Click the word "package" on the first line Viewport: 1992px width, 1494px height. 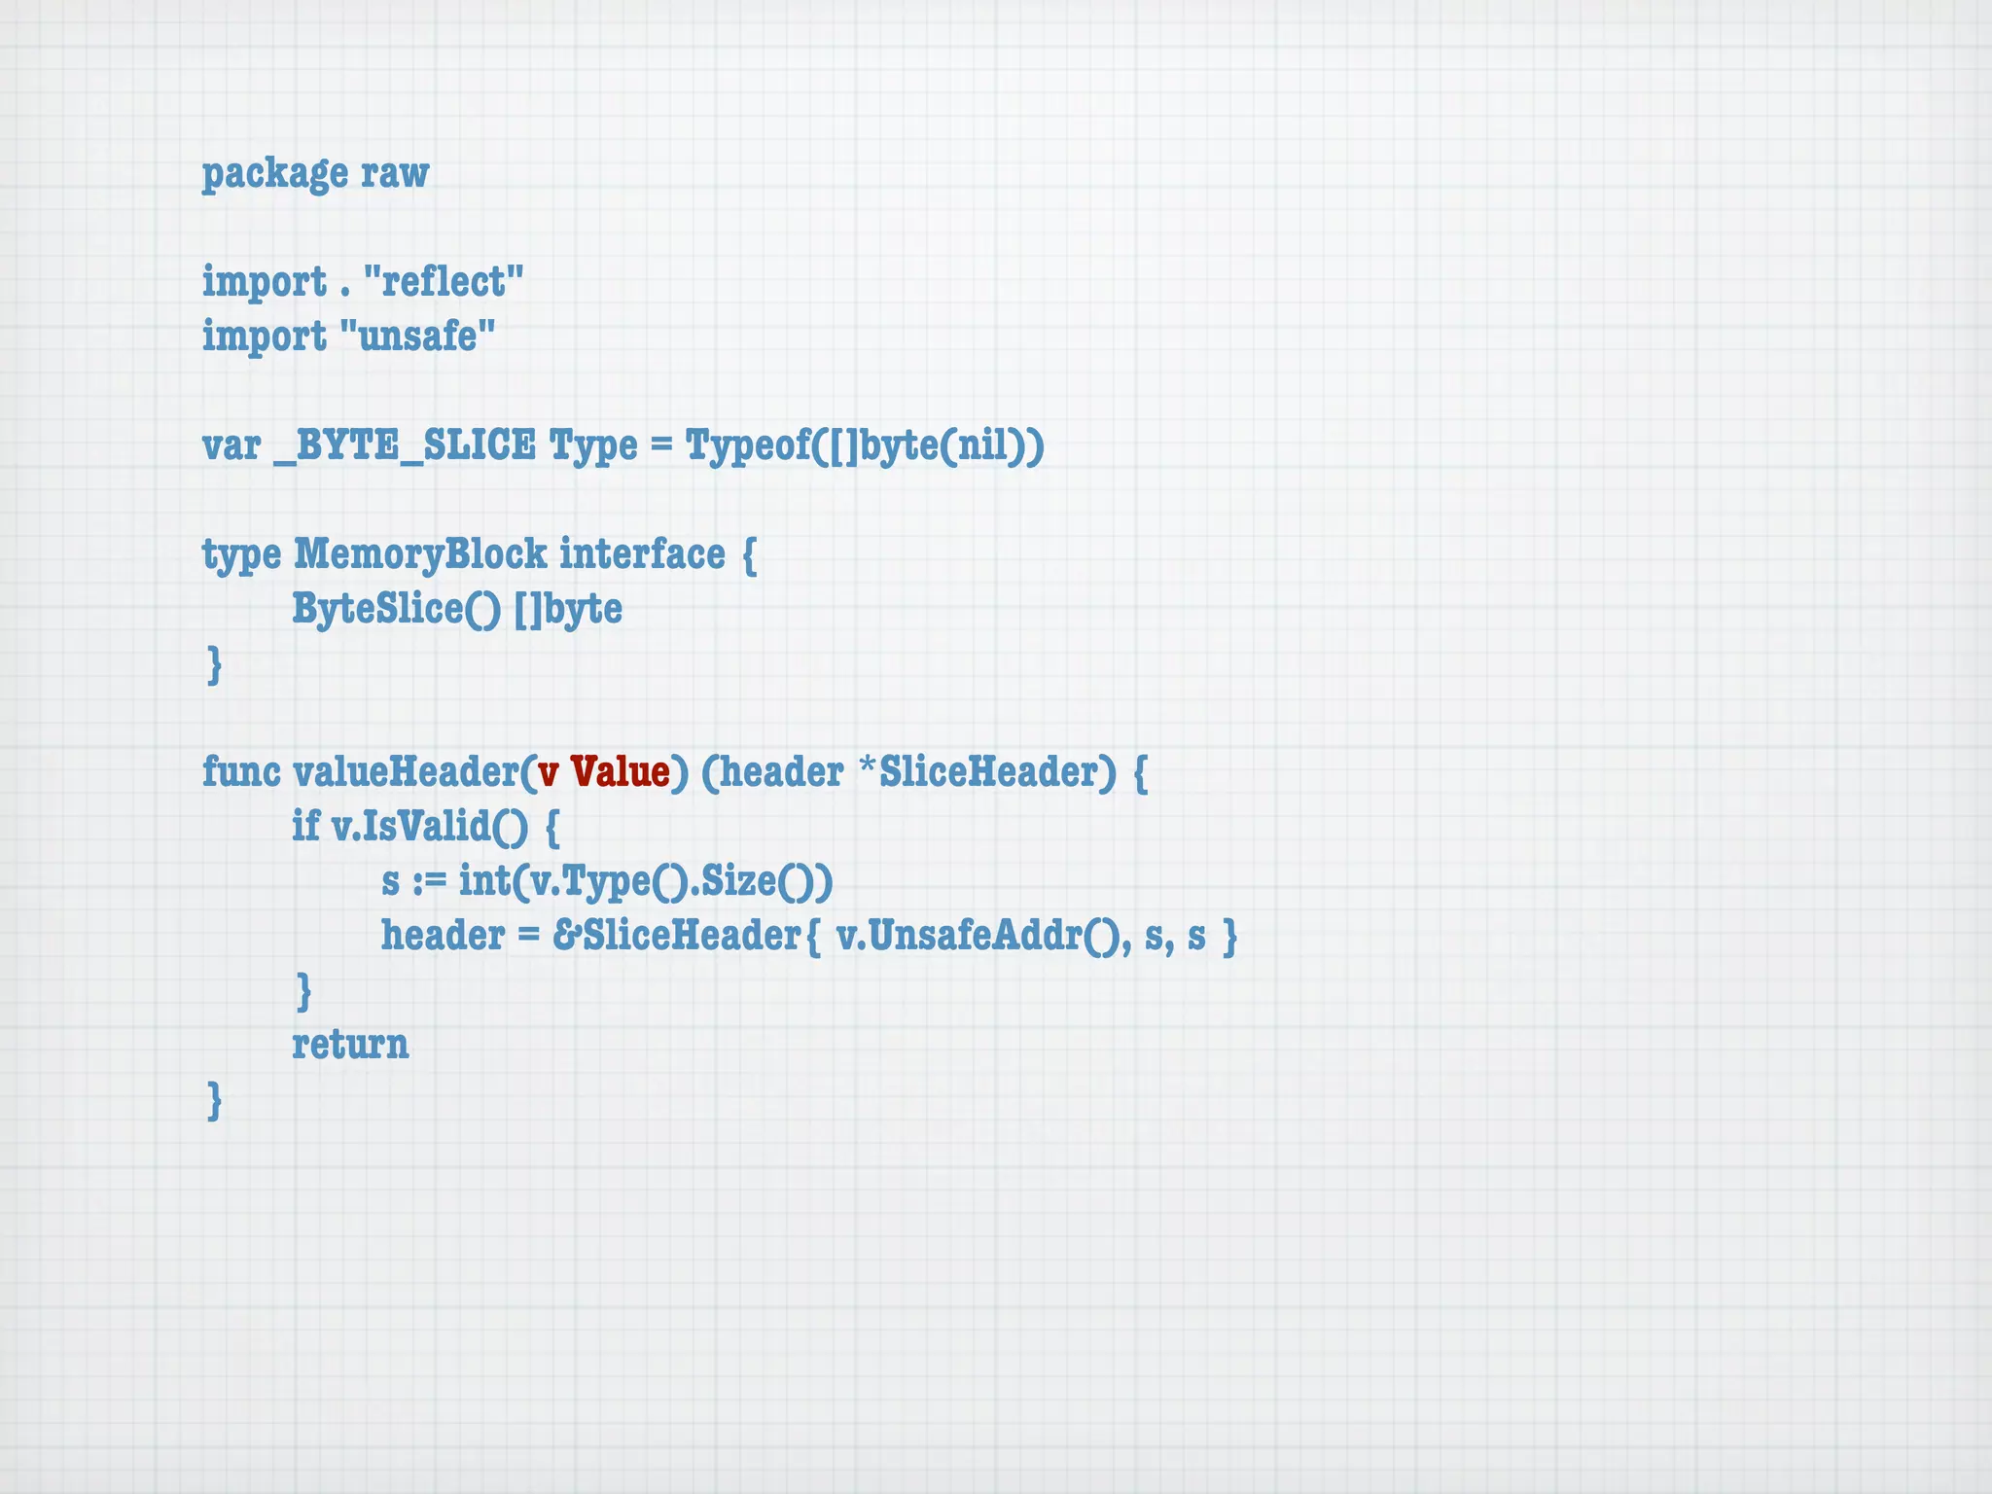point(274,174)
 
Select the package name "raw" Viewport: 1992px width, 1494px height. point(395,174)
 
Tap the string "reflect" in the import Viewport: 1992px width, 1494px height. point(444,282)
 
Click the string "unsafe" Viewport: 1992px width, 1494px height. point(418,337)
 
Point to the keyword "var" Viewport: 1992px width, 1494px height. point(231,445)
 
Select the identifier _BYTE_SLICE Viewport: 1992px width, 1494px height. point(405,445)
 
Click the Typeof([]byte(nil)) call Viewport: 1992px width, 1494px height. point(865,445)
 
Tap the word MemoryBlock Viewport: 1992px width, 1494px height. point(420,554)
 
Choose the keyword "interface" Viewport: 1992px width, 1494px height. point(642,554)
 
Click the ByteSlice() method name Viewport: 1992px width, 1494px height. point(396,609)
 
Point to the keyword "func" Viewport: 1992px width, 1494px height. point(241,772)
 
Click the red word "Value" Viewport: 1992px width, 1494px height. point(621,772)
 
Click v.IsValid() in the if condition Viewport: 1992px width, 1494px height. point(430,827)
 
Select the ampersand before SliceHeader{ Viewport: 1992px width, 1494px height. point(566,936)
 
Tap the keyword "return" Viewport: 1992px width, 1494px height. point(350,1045)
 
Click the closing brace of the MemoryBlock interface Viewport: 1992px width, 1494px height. point(215,665)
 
